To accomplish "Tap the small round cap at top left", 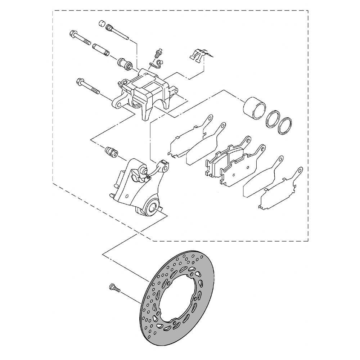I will tap(102, 24).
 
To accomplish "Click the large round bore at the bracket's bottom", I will tap(152, 207).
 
